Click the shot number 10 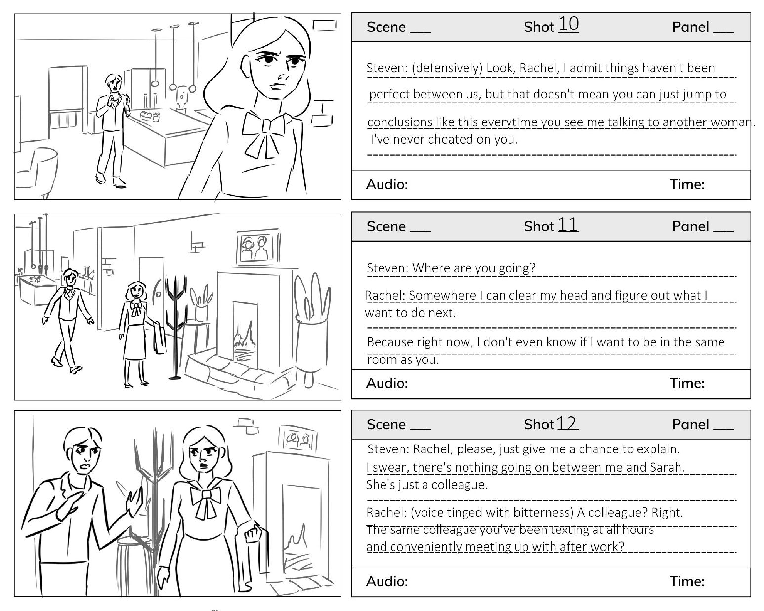[x=569, y=24]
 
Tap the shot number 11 [x=568, y=224]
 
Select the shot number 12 [x=567, y=423]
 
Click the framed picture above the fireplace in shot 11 [x=258, y=246]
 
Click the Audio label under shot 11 [x=387, y=383]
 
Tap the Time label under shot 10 [x=687, y=185]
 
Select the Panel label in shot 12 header [x=690, y=424]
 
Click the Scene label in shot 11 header [x=386, y=226]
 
